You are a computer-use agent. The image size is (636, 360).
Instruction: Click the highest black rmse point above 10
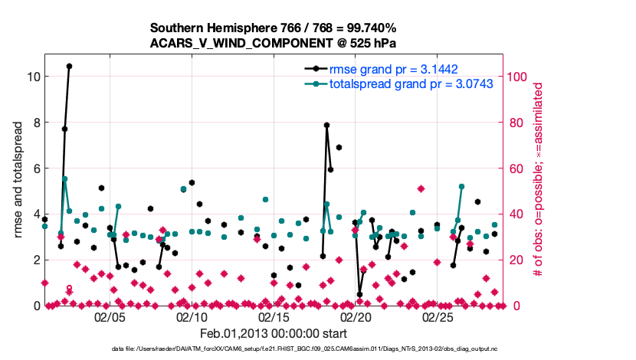pyautogui.click(x=69, y=66)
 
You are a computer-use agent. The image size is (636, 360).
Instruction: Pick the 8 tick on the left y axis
pyautogui.click(x=33, y=123)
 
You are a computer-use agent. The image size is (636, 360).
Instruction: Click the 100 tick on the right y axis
pyautogui.click(x=515, y=77)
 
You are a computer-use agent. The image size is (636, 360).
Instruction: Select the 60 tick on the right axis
pyautogui.click(x=512, y=169)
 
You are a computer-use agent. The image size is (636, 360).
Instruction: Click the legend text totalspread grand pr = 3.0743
pyautogui.click(x=411, y=83)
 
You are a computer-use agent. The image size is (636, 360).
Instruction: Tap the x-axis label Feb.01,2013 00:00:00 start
pyautogui.click(x=274, y=334)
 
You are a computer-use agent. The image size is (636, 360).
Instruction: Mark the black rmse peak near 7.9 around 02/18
pyautogui.click(x=326, y=125)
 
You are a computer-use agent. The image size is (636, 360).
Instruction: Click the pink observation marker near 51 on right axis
pyautogui.click(x=421, y=188)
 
